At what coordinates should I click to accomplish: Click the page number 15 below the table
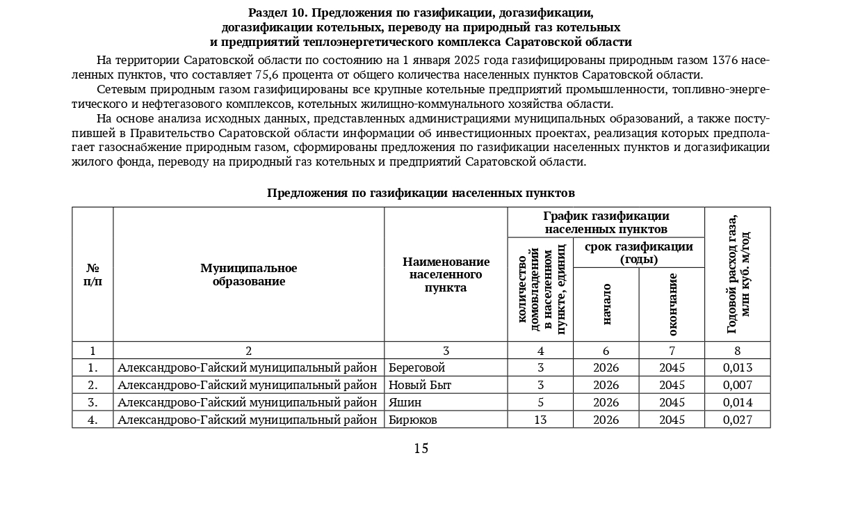[421, 449]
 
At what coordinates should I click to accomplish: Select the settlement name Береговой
[416, 367]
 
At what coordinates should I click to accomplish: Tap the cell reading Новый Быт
[420, 385]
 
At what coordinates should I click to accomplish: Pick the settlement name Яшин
[405, 402]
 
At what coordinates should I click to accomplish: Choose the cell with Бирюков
[413, 420]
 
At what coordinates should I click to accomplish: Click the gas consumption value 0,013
[737, 367]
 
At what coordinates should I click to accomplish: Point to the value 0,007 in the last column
[737, 385]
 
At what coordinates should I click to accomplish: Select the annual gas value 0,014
[737, 402]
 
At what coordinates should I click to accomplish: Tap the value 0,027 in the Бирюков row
[737, 420]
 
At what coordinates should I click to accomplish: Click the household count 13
[540, 420]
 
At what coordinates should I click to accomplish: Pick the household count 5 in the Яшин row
[540, 402]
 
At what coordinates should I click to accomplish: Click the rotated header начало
[606, 304]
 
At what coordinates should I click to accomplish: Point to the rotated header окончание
[672, 304]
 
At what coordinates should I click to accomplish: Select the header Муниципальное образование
[248, 275]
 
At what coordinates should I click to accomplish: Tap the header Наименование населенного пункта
[446, 275]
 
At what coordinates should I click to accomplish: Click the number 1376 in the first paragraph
[722, 61]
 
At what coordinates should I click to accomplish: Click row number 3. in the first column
[92, 402]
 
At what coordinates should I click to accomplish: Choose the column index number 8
[737, 351]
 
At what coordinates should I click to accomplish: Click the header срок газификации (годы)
[638, 253]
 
